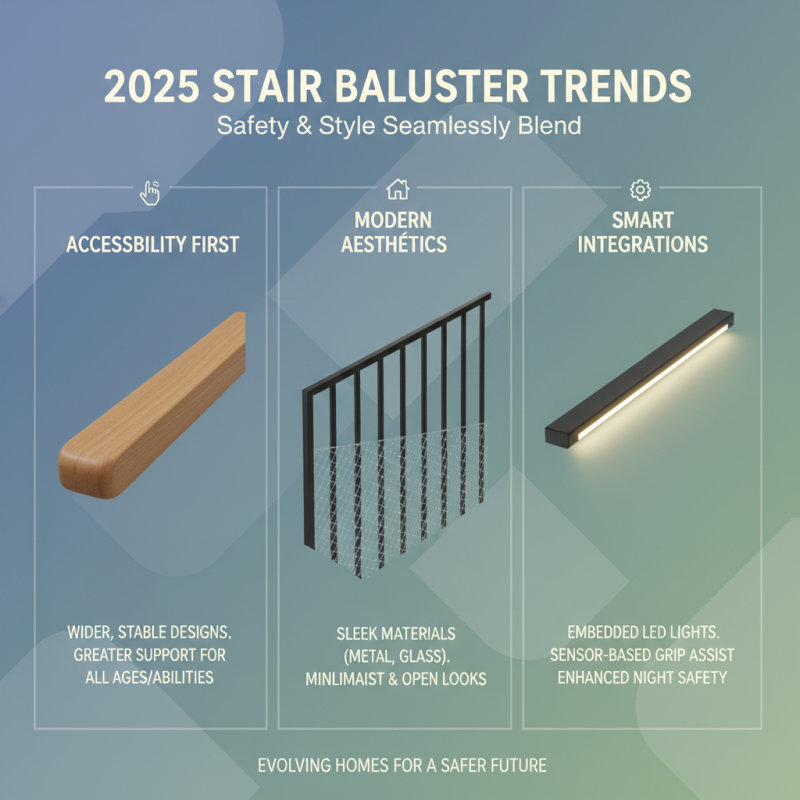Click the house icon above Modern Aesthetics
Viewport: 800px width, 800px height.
coord(398,189)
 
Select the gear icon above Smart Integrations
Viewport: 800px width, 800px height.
coord(641,190)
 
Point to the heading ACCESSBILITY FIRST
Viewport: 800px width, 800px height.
coord(151,245)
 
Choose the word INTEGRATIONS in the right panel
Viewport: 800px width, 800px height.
coord(642,245)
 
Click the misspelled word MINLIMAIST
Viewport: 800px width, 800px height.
coord(353,679)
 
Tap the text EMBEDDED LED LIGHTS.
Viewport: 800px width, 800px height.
coord(642,632)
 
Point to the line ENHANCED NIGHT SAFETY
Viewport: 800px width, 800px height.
coord(642,677)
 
